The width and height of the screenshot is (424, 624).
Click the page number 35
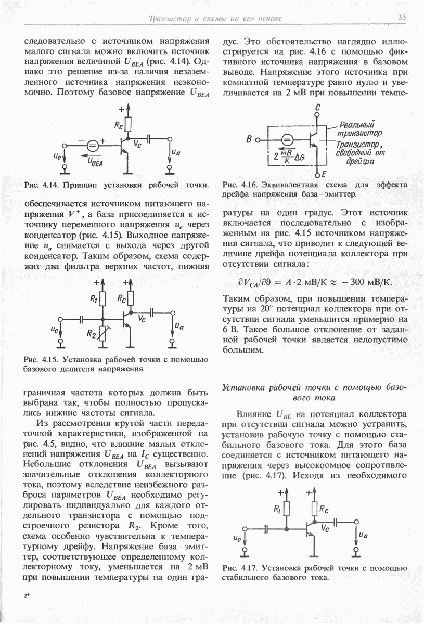[x=401, y=18]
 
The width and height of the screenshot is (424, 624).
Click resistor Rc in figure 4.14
[x=128, y=124]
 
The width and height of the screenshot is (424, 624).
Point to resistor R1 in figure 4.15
[x=103, y=299]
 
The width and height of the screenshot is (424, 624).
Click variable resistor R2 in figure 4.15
[x=103, y=331]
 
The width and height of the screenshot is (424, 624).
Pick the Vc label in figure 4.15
[x=140, y=320]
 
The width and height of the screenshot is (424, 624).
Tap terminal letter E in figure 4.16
[x=324, y=174]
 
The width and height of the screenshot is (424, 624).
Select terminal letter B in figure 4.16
[x=248, y=139]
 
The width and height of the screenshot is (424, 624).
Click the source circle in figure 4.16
[x=287, y=139]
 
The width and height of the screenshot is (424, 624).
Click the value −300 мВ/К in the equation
[x=366, y=282]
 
